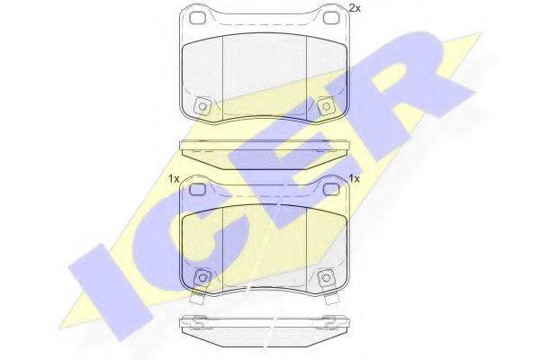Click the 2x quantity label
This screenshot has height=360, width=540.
coord(355,8)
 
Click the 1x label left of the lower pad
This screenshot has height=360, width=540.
coord(174,179)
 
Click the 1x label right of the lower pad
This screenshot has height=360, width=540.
coord(354,179)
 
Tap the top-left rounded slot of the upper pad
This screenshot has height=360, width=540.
coord(198,18)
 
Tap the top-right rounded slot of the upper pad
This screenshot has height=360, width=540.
coord(331,18)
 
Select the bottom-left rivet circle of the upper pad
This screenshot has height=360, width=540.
coord(202,106)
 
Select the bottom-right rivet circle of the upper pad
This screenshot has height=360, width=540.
coord(326,106)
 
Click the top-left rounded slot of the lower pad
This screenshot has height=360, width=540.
coord(198,189)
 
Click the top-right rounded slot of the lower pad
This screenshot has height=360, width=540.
coord(331,189)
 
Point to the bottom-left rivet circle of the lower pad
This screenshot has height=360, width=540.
coord(202,277)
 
